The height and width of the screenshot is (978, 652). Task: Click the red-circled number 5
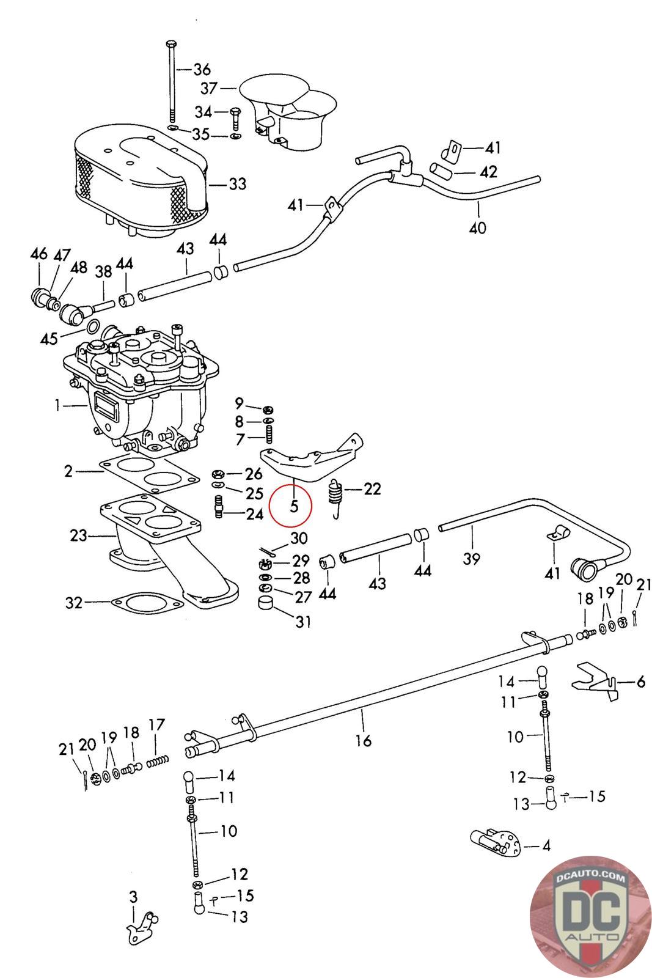coord(294,506)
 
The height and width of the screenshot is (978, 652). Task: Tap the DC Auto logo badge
coord(590,916)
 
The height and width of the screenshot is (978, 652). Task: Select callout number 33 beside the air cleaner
coord(238,184)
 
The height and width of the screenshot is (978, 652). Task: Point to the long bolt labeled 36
coord(171,81)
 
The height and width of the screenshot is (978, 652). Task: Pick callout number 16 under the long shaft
coord(363,740)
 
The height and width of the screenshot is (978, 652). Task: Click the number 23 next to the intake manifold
coord(79,535)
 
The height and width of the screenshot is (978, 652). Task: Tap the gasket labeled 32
coord(147,603)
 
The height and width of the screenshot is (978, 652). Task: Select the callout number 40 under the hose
coord(477,227)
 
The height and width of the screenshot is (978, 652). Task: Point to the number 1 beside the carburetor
coord(57,405)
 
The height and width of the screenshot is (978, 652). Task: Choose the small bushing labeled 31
coord(265,603)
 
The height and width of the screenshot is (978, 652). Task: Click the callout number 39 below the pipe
coord(471,559)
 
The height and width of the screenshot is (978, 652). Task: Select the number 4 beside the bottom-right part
coord(546,846)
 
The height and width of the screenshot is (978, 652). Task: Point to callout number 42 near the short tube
coord(488,172)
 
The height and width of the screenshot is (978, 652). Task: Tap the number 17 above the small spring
coord(156,725)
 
